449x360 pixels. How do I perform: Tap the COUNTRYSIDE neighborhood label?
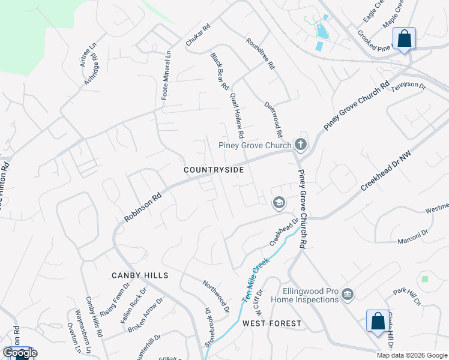[x=214, y=170]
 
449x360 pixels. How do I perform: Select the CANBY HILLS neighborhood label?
[x=140, y=275]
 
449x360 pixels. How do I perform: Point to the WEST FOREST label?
[x=272, y=323]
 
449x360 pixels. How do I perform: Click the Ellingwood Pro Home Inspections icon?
[x=348, y=294]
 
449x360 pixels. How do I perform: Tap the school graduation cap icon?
[x=279, y=203]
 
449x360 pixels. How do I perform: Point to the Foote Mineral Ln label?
[x=167, y=74]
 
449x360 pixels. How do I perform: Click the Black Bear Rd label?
[x=220, y=71]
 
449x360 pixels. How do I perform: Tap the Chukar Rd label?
[x=198, y=37]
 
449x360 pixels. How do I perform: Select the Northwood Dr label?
[x=215, y=297]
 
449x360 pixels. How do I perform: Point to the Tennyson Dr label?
[x=408, y=88]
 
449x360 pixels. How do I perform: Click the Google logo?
[x=20, y=353]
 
